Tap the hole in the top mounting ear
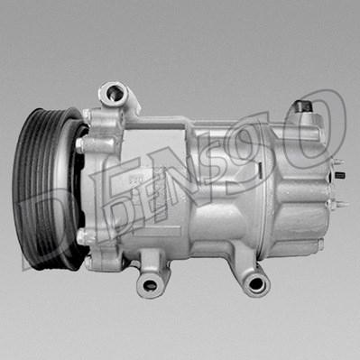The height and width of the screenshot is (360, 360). point(115,93)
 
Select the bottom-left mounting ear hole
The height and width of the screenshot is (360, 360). point(150,284)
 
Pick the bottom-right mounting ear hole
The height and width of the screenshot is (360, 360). point(256,283)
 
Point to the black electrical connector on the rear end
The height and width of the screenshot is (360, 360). point(339,175)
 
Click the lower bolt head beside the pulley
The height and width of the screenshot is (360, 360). point(81,236)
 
